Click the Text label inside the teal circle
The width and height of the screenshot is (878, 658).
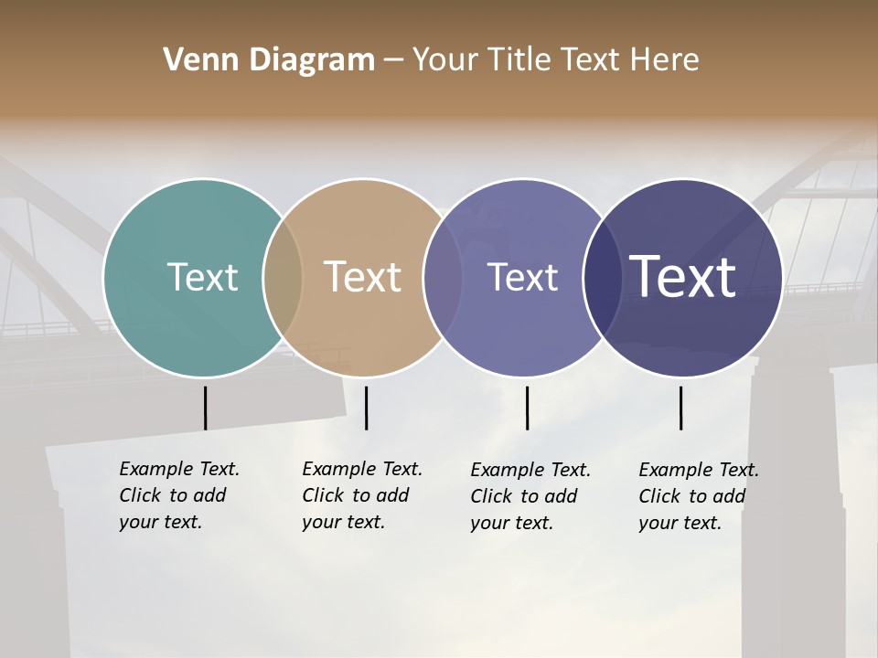(202, 277)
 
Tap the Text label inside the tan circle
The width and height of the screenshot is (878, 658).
(362, 277)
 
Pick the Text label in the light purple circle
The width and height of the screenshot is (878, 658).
(522, 277)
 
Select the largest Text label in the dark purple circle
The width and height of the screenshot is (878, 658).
(682, 277)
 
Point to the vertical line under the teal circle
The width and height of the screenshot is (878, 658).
(205, 408)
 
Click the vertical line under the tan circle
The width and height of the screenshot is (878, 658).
(366, 408)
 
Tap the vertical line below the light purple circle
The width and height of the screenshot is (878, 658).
(527, 408)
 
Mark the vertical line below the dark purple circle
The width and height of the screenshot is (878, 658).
(680, 408)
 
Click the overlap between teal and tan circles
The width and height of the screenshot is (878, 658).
(283, 277)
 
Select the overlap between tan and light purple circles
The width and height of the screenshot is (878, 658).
(443, 277)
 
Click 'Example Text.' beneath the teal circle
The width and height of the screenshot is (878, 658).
(179, 469)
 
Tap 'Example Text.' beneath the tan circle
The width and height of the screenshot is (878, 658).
(362, 469)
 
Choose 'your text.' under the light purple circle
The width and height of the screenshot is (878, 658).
(511, 524)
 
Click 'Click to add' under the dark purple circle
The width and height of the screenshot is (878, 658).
(691, 496)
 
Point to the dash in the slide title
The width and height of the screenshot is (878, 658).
(393, 61)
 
